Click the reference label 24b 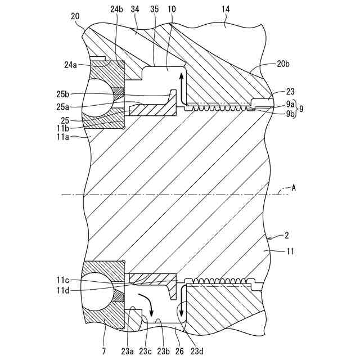coord(116,10)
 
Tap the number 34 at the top coord(134,10)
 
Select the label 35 coord(154,10)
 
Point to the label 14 coord(226,10)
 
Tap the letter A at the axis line coord(293,189)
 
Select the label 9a coord(290,104)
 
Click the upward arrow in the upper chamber coord(181,82)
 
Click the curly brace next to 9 coord(298,108)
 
